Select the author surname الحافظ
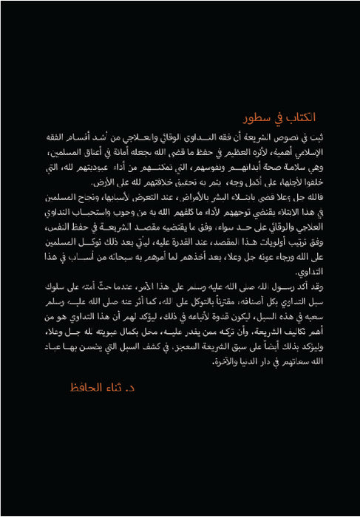86,386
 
